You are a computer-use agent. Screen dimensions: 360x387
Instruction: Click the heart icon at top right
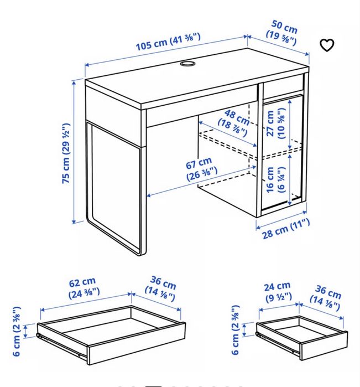[327, 45]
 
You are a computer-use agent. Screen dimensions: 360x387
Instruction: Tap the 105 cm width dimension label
[168, 42]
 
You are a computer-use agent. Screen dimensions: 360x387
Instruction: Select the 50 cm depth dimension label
[283, 33]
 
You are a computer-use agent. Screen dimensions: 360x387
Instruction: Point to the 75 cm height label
[66, 153]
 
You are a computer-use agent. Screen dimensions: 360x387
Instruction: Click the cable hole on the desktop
[187, 64]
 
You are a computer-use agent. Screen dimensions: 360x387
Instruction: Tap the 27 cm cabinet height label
[276, 123]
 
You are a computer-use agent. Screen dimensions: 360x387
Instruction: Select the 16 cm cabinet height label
[276, 180]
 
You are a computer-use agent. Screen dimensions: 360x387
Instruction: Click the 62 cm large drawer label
[84, 287]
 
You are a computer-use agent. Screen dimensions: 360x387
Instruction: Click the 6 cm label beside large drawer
[16, 331]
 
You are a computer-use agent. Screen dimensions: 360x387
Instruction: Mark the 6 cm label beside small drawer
[236, 330]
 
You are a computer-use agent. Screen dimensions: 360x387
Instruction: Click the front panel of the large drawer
[137, 343]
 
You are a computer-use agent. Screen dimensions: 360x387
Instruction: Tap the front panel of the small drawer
[324, 345]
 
